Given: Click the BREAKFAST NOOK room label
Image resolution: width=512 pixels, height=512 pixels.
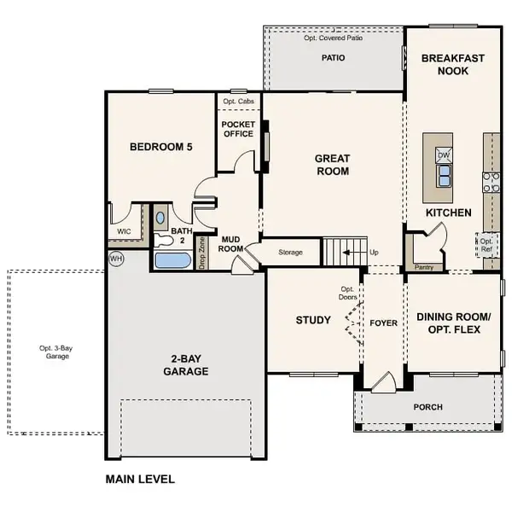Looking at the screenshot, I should (x=452, y=66).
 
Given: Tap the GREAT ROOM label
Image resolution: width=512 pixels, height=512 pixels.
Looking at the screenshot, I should (x=332, y=164).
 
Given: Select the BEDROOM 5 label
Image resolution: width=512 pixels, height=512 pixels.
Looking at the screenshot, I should (x=160, y=147).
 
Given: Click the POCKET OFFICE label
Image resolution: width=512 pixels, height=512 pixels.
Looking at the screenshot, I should (x=238, y=129).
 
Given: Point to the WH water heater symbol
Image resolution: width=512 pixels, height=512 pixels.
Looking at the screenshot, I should (x=115, y=257).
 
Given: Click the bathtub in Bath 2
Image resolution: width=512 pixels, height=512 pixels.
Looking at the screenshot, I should (x=175, y=259).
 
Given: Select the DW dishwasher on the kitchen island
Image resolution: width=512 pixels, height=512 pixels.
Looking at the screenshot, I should (x=444, y=155).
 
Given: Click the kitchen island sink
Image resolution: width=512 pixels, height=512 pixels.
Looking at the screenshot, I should (x=444, y=176).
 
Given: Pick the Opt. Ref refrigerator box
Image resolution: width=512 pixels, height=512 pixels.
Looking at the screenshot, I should (x=486, y=245).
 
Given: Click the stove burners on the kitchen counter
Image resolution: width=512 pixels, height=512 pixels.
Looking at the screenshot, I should (x=492, y=180).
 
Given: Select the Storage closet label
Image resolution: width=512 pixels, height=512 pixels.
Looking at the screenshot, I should (x=291, y=253).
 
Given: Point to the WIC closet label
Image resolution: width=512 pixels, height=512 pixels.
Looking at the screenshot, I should (x=124, y=231).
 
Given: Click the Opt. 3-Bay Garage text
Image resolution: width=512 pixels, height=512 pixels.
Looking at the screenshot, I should (x=54, y=352).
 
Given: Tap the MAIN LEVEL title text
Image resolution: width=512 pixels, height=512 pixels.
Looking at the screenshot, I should (x=140, y=479).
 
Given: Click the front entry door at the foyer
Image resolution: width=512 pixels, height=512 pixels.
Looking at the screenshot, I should (x=381, y=382).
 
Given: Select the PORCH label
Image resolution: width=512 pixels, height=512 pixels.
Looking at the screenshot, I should (x=428, y=407).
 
